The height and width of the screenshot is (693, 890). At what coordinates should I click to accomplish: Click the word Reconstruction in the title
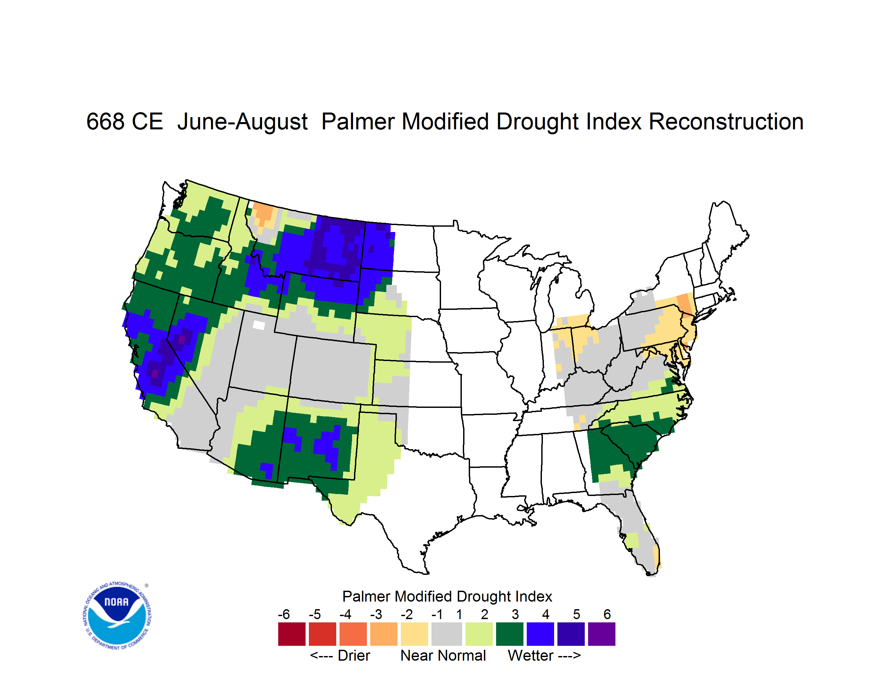click(x=726, y=121)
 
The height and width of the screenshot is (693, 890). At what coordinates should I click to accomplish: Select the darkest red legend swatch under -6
click(x=292, y=634)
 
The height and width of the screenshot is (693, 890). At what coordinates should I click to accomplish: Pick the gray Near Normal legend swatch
click(x=447, y=634)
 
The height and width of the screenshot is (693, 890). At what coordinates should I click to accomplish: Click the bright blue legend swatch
click(x=540, y=634)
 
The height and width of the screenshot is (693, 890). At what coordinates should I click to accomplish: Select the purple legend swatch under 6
click(x=602, y=634)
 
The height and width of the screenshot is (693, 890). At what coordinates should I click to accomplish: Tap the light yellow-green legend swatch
click(x=479, y=634)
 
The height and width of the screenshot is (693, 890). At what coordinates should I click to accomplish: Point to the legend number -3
click(x=376, y=614)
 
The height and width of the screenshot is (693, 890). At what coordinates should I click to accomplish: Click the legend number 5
click(x=577, y=614)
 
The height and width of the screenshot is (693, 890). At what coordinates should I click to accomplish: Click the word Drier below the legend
click(x=354, y=655)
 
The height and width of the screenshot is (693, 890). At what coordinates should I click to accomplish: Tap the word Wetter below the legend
click(x=531, y=655)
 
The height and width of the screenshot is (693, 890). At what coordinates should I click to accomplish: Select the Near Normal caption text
click(x=443, y=655)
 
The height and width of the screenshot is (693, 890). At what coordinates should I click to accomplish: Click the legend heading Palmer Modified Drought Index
click(x=447, y=596)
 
